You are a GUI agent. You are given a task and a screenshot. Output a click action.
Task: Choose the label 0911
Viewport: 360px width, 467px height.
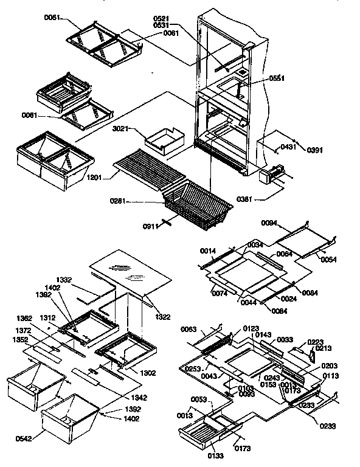[151, 226]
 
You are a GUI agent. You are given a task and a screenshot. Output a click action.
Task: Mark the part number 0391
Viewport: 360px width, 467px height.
[314, 150]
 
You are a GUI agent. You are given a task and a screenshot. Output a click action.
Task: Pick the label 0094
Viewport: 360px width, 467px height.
[268, 223]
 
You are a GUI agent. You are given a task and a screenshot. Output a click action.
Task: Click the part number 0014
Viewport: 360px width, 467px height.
[207, 250]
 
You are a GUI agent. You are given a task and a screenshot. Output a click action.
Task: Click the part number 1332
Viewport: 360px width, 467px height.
[81, 279]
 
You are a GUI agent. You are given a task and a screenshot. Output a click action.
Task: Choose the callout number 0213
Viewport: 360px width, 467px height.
[324, 349]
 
